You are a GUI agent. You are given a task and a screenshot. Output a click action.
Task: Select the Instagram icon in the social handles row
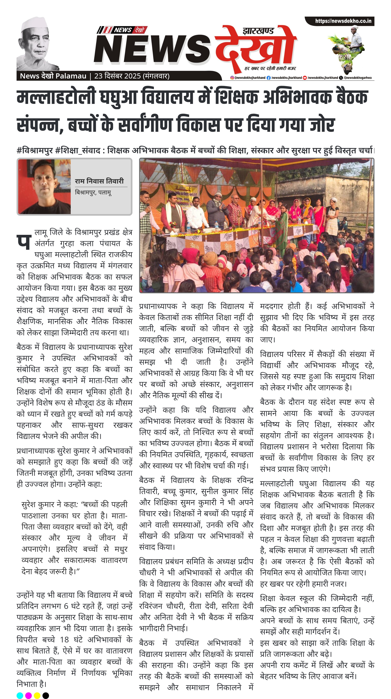[232, 78]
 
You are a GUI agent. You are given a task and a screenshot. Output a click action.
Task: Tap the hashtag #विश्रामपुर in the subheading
[35, 150]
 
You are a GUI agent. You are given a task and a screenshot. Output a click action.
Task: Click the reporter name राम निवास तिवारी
[99, 181]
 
